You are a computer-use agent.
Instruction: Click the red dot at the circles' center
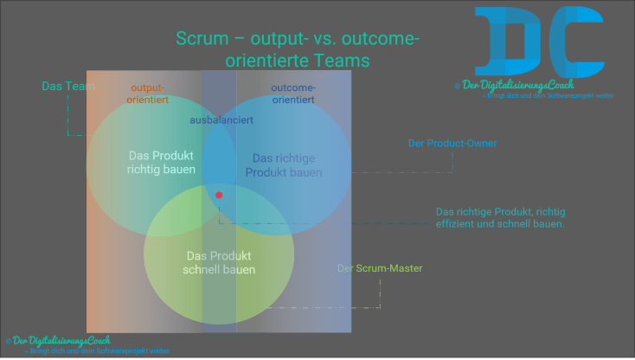(219, 195)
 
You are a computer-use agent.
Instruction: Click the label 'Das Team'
(63, 86)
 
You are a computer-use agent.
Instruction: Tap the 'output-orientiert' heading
(147, 93)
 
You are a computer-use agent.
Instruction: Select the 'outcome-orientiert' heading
(293, 93)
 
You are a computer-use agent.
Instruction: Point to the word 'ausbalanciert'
(221, 119)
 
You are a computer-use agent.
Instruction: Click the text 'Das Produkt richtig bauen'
(161, 163)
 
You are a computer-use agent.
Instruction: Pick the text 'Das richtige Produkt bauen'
(284, 164)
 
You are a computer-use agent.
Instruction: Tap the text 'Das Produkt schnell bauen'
(220, 262)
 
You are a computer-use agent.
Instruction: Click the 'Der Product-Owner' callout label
(452, 143)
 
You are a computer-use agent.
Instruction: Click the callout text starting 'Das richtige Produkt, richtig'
(500, 217)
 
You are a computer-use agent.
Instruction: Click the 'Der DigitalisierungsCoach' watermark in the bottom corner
(60, 341)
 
